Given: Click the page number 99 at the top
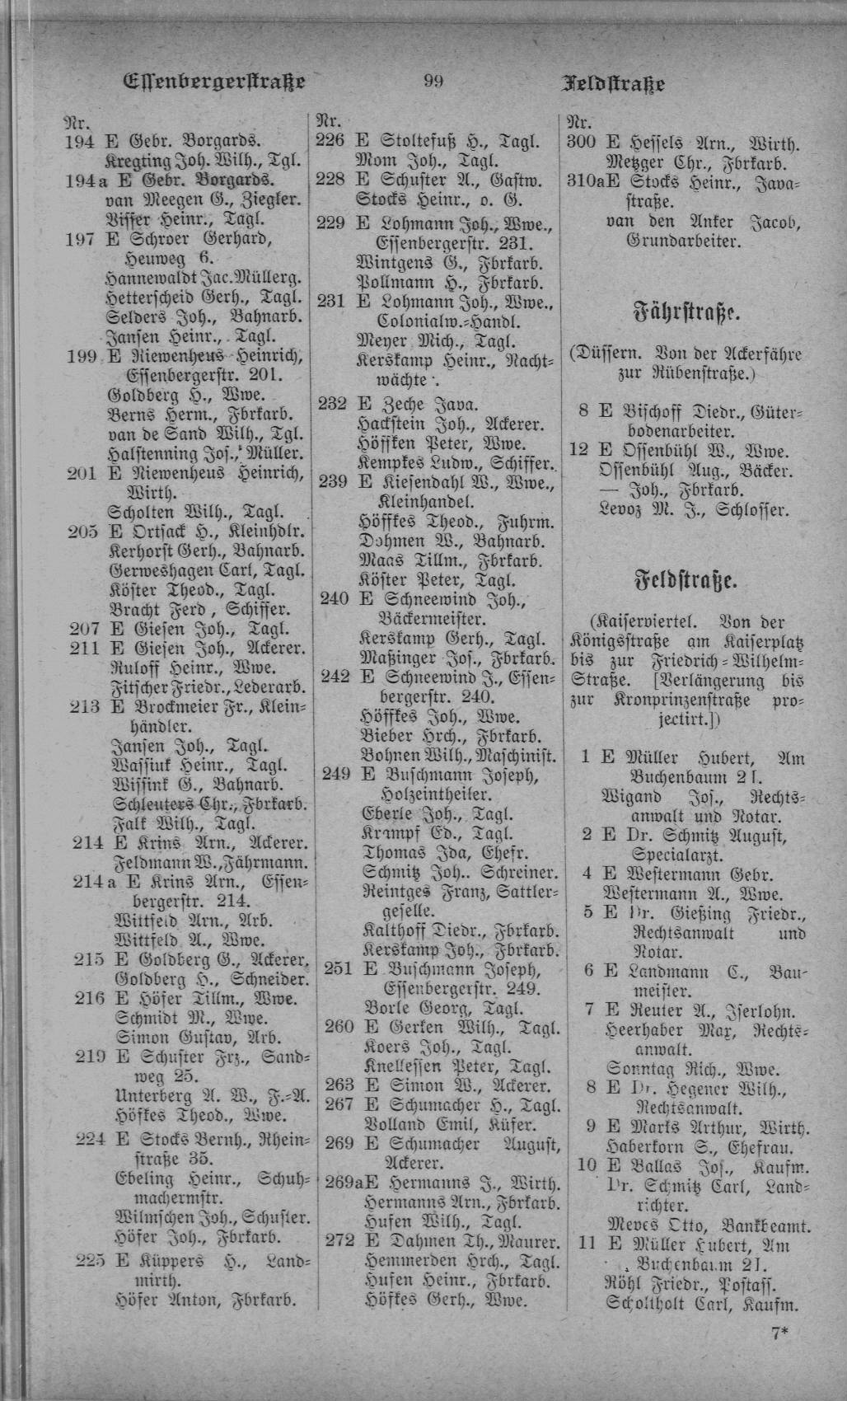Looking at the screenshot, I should (433, 81).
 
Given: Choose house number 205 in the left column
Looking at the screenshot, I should (82, 532).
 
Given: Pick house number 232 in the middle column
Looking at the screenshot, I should (333, 405).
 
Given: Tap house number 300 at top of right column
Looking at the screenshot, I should (583, 142).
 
